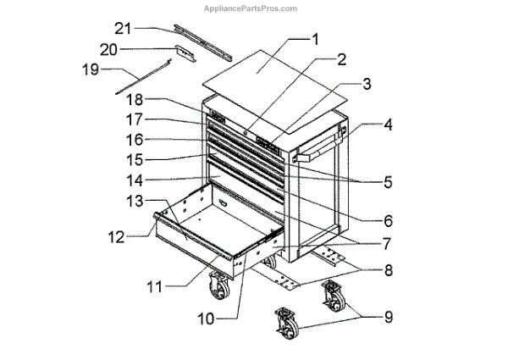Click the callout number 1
[315, 40]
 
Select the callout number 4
[388, 125]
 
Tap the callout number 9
[389, 317]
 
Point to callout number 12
[116, 237]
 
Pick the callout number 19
[91, 69]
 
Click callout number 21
[123, 29]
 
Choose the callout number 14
[135, 180]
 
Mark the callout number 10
[206, 318]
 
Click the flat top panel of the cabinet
[274, 91]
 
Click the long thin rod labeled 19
[143, 76]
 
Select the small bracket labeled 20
[186, 53]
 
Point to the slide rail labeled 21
[203, 42]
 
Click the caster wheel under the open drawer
[219, 285]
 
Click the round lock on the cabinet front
[246, 132]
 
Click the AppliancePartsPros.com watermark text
[251, 8]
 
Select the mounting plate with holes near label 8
[284, 279]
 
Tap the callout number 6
[388, 221]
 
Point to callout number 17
[134, 120]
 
